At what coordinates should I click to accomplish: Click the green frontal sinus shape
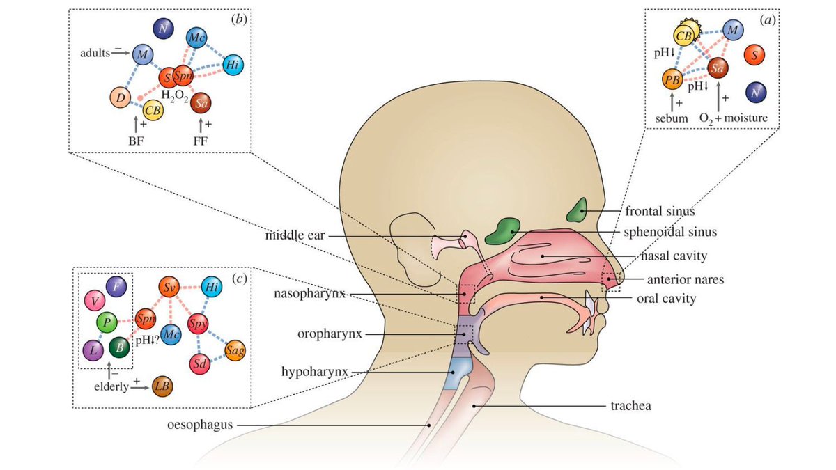click(x=577, y=210)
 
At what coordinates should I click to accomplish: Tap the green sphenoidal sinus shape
click(x=505, y=230)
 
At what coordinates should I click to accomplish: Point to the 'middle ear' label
click(x=295, y=235)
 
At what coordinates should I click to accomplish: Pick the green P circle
click(x=107, y=322)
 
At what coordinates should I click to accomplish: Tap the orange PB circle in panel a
click(x=672, y=81)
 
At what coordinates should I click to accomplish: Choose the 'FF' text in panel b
click(x=201, y=140)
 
